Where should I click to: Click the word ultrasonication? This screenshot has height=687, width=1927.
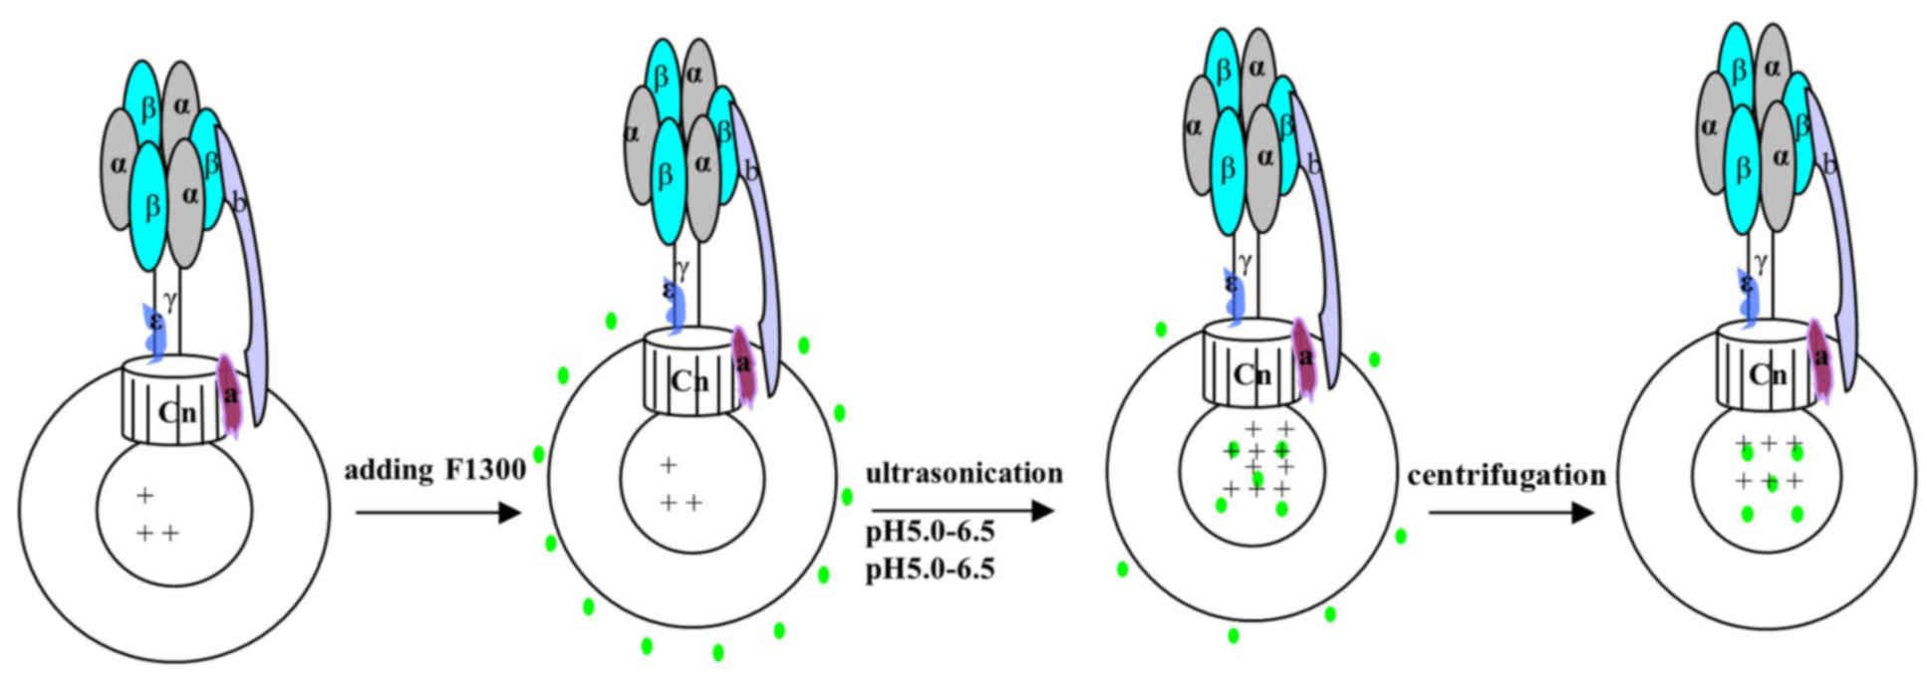tap(963, 473)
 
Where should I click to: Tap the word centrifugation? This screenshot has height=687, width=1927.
tap(1506, 476)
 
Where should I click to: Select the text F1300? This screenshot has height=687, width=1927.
tap(485, 469)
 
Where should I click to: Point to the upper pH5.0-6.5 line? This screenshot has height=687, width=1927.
tap(930, 531)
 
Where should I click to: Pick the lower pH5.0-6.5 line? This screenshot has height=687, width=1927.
tap(930, 569)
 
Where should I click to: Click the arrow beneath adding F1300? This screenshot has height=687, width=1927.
tap(438, 513)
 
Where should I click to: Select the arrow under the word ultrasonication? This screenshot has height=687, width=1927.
tap(963, 511)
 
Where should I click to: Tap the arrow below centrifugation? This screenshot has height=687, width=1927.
tap(1511, 513)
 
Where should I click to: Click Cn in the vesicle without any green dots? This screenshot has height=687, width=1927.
tap(177, 411)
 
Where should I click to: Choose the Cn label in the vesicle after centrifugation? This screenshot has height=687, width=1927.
tap(1768, 374)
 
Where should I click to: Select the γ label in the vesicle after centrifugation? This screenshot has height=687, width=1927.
tap(1762, 263)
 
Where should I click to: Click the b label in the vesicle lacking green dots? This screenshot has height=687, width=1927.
tap(239, 204)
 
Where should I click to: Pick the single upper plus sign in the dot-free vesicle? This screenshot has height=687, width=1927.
tap(145, 495)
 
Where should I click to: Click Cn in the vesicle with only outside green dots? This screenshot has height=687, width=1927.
tap(690, 381)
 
